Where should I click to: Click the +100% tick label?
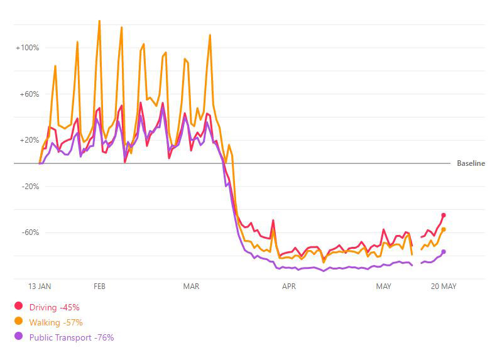pos(28,48)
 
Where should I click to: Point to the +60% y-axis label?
pos(30,94)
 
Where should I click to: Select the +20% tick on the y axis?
pos(30,140)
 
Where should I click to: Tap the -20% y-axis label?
pos(30,187)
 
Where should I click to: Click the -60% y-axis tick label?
pos(30,232)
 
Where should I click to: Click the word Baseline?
pos(471,163)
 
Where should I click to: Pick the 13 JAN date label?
pos(40,286)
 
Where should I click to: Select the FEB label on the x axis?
pos(99,286)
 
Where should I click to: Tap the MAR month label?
pos(191,286)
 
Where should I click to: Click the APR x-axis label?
pos(289,286)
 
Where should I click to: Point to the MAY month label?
pos(383,286)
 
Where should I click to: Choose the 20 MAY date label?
pos(444,286)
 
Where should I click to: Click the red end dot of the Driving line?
pos(444,215)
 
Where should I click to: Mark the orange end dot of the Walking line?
pos(444,229)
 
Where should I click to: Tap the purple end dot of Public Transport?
pos(444,252)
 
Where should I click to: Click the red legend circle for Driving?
pos(19,307)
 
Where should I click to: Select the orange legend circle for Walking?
pos(19,322)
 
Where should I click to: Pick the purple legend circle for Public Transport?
pos(19,337)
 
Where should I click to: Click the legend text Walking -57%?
pos(55,322)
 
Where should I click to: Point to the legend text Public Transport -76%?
pos(72,337)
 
